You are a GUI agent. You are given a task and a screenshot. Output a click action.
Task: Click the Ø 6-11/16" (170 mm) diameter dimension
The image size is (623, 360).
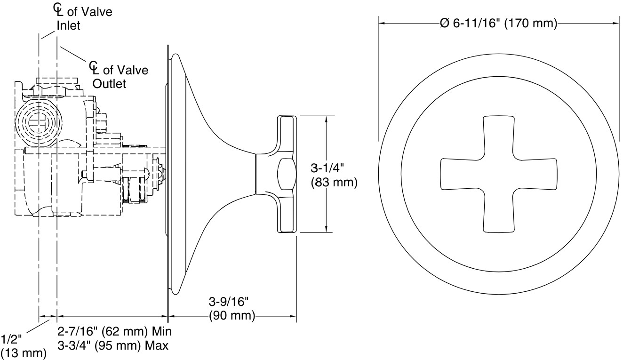(x=498, y=23)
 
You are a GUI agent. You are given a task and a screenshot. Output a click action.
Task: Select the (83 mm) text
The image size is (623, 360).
(x=334, y=182)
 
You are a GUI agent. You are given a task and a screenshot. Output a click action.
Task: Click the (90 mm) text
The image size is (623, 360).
(x=232, y=315)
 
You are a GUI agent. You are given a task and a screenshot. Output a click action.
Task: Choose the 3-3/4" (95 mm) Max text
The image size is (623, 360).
(x=113, y=345)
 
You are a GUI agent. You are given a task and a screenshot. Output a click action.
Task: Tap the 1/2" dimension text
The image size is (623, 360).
(x=11, y=339)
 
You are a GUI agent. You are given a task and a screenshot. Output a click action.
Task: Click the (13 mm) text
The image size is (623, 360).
(x=24, y=352)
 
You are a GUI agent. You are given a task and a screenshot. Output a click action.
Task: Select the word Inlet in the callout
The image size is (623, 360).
(x=69, y=26)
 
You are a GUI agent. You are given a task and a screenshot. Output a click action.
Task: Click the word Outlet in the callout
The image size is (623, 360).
(x=109, y=84)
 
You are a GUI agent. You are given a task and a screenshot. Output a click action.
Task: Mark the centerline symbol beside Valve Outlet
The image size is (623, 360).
(x=96, y=68)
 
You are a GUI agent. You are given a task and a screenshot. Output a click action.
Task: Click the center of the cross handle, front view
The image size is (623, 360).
(x=498, y=174)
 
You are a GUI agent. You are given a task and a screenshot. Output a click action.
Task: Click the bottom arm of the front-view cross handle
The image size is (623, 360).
(x=498, y=214)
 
